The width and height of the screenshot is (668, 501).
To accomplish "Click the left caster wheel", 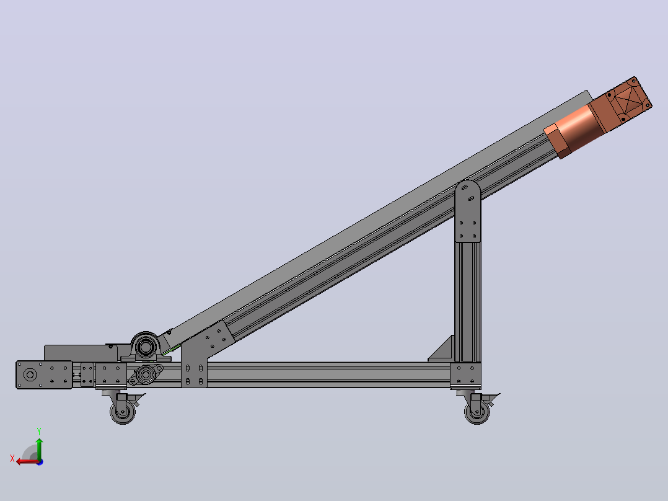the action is [123, 412].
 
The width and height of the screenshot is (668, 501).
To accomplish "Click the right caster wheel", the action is [477, 412].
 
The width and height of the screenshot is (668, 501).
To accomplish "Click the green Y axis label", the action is [39, 432].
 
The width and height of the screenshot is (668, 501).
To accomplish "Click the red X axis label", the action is [12, 458].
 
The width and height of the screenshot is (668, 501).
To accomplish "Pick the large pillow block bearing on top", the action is [145, 347].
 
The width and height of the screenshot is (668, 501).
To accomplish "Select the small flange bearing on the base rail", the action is [146, 375].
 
